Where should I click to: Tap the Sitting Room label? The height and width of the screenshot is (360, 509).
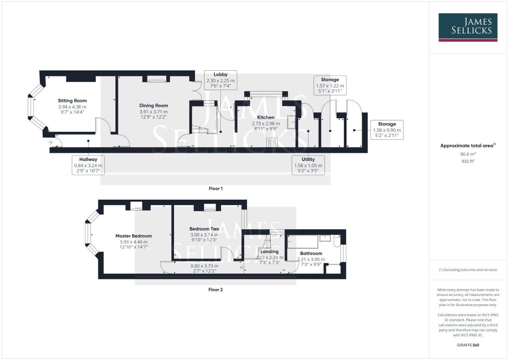click(72, 101)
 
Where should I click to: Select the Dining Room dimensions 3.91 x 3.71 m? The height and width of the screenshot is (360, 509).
click(153, 112)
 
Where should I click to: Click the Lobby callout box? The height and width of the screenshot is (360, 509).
click(220, 80)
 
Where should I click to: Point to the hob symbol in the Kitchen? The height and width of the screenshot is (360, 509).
click(272, 142)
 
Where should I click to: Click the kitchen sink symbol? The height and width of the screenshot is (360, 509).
click(291, 122)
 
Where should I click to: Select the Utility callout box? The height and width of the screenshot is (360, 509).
click(308, 165)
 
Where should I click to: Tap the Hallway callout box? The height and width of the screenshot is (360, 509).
click(88, 165)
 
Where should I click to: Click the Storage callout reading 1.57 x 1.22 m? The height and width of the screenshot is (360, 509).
click(330, 85)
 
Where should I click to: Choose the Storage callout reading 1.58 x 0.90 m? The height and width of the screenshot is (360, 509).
click(387, 130)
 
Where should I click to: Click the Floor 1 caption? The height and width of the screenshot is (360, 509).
click(216, 189)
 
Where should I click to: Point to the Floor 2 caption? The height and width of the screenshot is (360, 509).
click(215, 290)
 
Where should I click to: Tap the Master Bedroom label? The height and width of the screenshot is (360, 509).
click(134, 236)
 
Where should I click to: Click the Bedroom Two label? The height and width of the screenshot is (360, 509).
click(204, 229)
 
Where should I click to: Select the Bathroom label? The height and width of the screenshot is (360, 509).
click(311, 253)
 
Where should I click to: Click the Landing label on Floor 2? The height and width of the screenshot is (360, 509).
click(269, 252)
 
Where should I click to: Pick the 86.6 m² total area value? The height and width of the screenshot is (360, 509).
click(468, 154)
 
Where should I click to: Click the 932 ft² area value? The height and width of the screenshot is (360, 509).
click(468, 161)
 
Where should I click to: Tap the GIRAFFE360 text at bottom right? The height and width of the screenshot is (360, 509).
click(468, 345)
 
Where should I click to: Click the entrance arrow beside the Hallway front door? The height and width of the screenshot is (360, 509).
click(50, 143)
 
